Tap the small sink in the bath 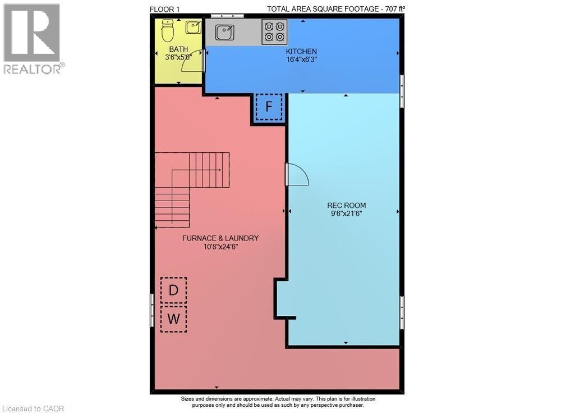click(x=194, y=26)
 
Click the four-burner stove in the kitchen click(x=274, y=31)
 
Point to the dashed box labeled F click(x=269, y=107)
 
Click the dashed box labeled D click(x=174, y=291)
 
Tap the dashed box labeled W click(x=174, y=319)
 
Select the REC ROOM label click(x=346, y=205)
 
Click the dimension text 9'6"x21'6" click(x=346, y=214)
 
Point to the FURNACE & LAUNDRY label click(x=220, y=238)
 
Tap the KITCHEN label click(x=302, y=51)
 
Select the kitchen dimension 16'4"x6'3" click(x=302, y=59)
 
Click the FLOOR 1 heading click(x=165, y=8)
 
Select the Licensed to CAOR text click(x=34, y=408)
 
